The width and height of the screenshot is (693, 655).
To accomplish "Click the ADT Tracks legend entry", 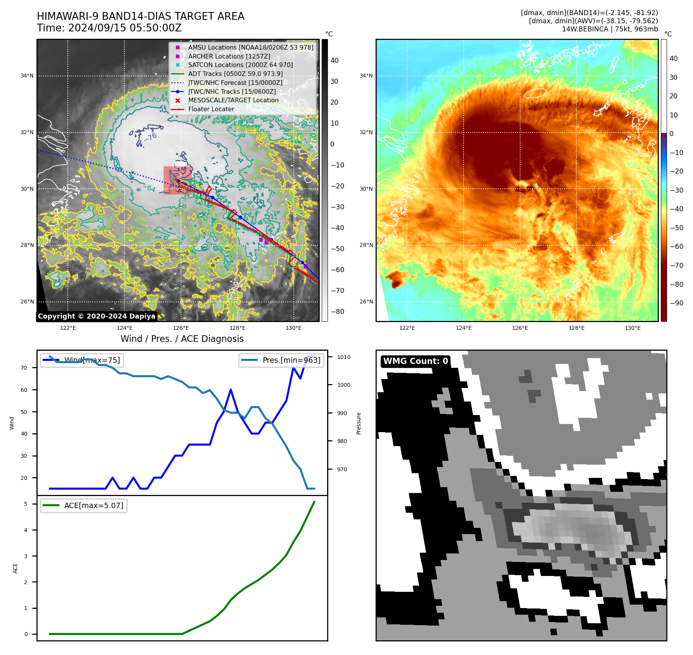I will pyautogui.click(x=235, y=74).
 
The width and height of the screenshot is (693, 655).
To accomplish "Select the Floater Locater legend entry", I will pyautogui.click(x=211, y=109).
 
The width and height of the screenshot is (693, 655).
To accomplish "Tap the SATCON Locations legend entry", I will pyautogui.click(x=240, y=65).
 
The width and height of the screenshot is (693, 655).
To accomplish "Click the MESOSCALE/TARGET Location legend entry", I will pyautogui.click(x=233, y=100).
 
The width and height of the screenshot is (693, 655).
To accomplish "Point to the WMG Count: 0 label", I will pyautogui.click(x=415, y=361).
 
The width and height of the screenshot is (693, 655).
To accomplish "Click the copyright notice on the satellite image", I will pyautogui.click(x=97, y=316).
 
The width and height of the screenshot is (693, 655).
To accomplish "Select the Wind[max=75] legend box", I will pyautogui.click(x=82, y=360).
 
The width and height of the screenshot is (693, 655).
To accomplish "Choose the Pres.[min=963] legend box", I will pyautogui.click(x=281, y=360).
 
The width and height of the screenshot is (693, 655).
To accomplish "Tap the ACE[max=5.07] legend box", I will pyautogui.click(x=84, y=505).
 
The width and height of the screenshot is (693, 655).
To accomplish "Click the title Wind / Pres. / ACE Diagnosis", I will pyautogui.click(x=182, y=339).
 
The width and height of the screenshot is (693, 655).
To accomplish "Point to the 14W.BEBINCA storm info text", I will pyautogui.click(x=610, y=29).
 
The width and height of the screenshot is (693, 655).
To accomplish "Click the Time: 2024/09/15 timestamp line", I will pyautogui.click(x=109, y=28).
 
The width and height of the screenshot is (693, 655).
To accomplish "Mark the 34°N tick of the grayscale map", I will pyautogui.click(x=27, y=76).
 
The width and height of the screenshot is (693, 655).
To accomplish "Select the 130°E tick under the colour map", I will pyautogui.click(x=633, y=328).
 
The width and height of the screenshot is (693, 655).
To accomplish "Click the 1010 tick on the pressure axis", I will pyautogui.click(x=343, y=357).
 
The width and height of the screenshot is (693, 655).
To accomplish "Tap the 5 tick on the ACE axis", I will pyautogui.click(x=26, y=504).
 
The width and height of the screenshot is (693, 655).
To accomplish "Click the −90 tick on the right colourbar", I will pyautogui.click(x=677, y=303).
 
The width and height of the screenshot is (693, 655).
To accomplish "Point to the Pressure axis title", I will pyautogui.click(x=359, y=423).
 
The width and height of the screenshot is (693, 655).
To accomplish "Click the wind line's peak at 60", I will pyautogui.click(x=231, y=390).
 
